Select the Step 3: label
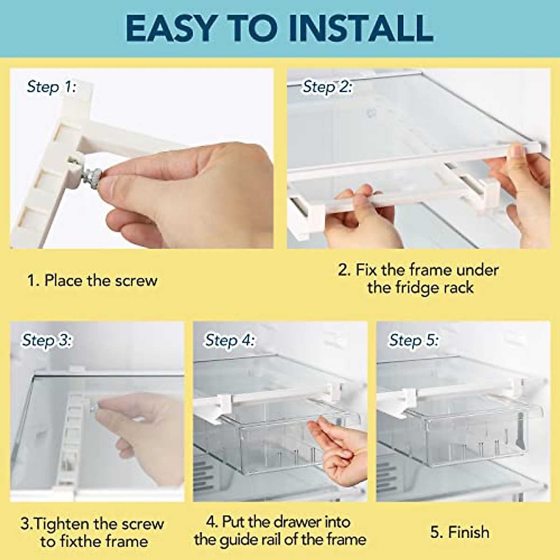[x=47, y=340]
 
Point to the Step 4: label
[x=230, y=340]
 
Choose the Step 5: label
[x=414, y=340]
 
